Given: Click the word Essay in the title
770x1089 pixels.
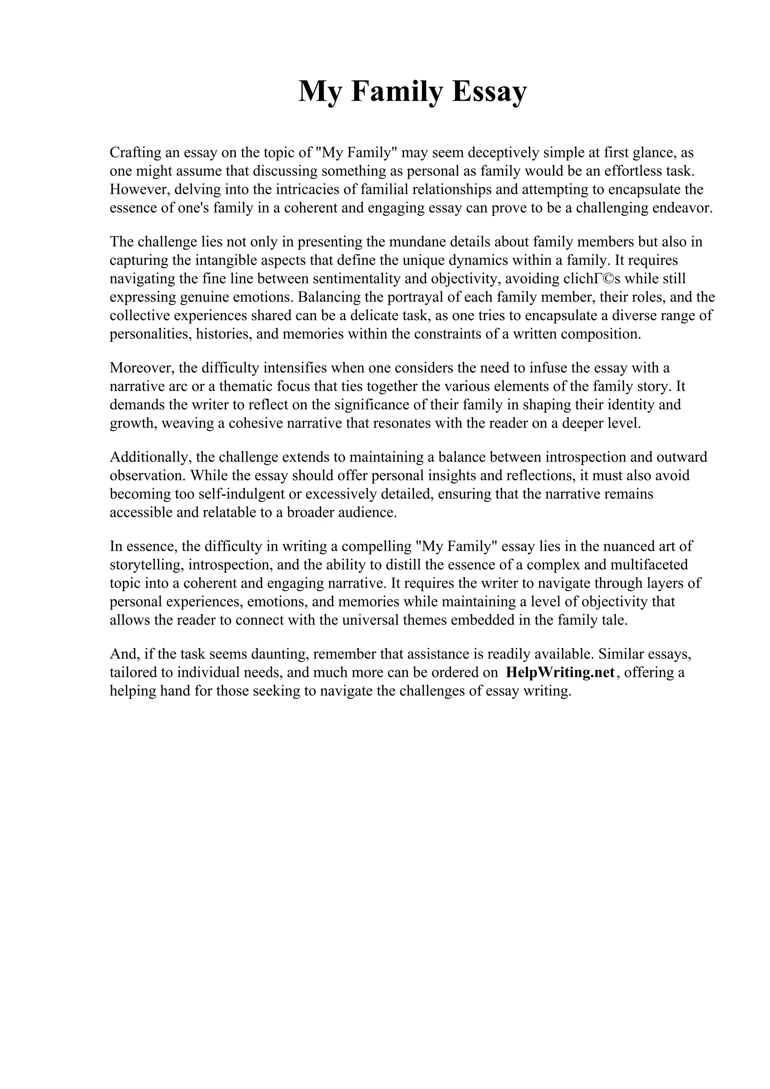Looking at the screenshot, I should point(489,92).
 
